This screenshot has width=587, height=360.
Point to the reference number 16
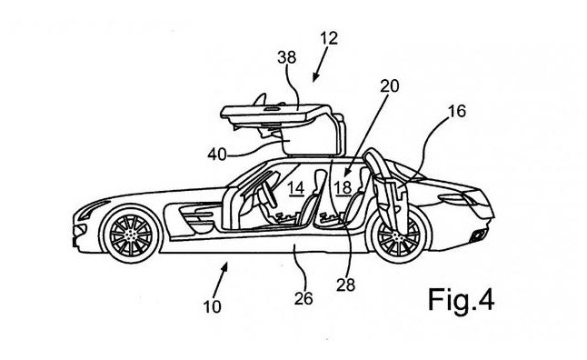pyautogui.click(x=455, y=114)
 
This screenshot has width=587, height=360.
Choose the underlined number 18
pyautogui.click(x=343, y=188)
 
